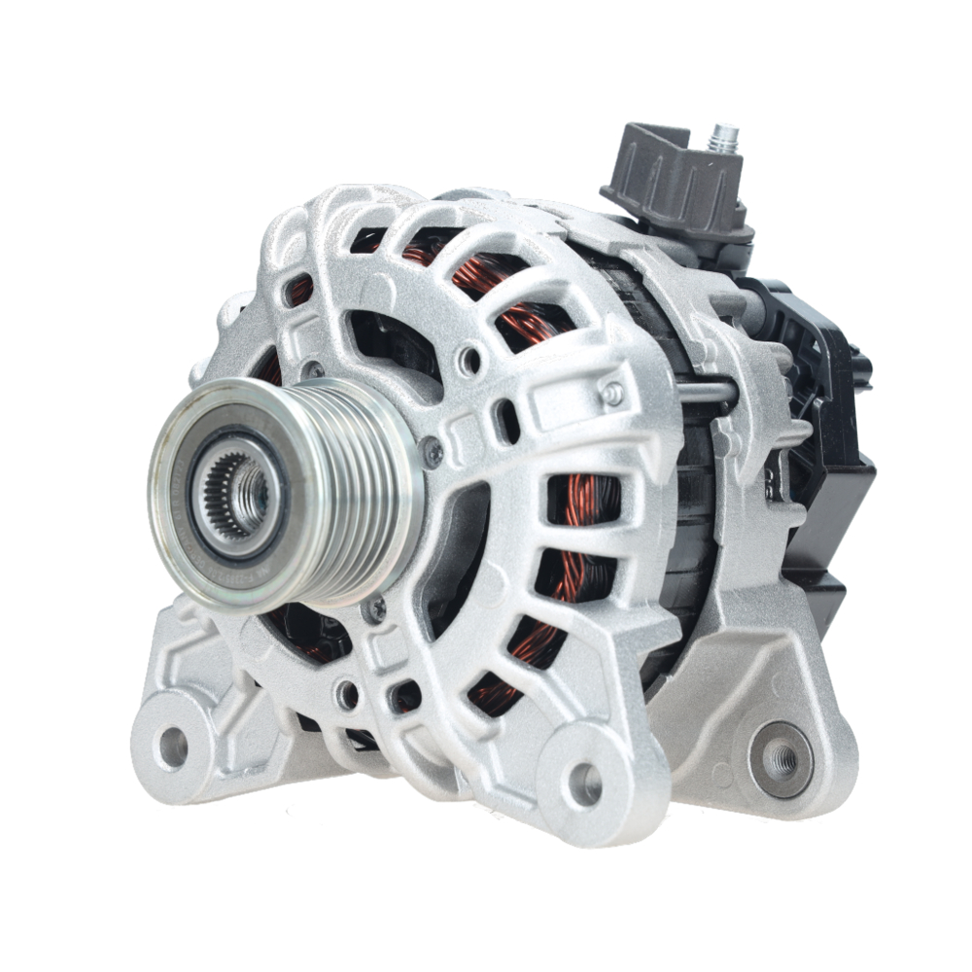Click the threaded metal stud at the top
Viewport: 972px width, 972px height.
tap(723, 139)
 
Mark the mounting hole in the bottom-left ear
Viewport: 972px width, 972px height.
tap(173, 746)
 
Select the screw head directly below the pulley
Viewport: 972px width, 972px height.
tap(374, 609)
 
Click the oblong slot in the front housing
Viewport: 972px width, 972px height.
tap(505, 420)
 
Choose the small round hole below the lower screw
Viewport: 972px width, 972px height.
tap(347, 694)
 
